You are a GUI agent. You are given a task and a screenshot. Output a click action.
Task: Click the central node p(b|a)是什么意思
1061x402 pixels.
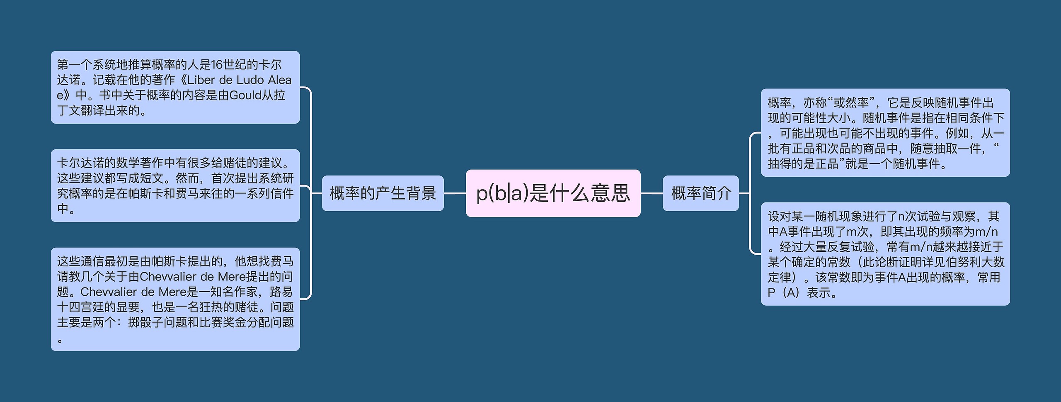553,193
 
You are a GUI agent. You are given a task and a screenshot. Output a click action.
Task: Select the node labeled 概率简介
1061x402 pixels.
700,193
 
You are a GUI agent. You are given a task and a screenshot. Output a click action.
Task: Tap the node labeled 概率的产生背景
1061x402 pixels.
383,193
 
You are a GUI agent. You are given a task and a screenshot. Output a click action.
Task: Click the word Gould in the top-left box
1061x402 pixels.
246,95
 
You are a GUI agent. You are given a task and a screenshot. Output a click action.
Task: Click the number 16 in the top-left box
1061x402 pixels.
217,65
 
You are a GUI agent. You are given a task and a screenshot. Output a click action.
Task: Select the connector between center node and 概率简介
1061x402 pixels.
652,193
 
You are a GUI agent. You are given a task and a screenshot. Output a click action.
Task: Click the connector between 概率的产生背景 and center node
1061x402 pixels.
455,193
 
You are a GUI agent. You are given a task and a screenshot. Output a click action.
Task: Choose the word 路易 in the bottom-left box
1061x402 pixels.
281,292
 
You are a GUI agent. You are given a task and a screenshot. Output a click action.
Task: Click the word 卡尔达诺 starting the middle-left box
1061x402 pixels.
80,163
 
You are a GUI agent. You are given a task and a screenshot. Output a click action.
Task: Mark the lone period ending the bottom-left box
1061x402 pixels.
60,341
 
